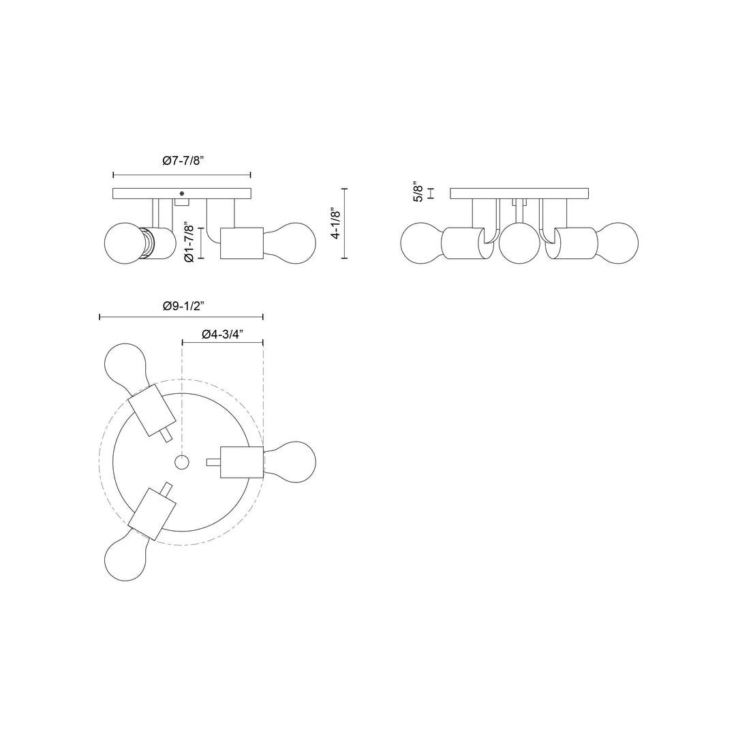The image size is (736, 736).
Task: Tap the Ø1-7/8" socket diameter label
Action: pyautogui.click(x=190, y=243)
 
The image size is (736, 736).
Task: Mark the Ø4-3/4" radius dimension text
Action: pyautogui.click(x=223, y=334)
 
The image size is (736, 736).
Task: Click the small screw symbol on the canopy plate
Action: pyautogui.click(x=181, y=194)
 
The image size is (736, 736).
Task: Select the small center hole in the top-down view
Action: pyautogui.click(x=181, y=463)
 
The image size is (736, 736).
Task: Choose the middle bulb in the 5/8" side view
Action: pyautogui.click(x=520, y=244)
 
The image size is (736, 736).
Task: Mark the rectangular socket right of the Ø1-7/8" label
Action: pyautogui.click(x=242, y=243)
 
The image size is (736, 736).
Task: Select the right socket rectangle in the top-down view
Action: pyautogui.click(x=241, y=462)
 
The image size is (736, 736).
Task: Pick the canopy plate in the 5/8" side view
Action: pyautogui.click(x=520, y=194)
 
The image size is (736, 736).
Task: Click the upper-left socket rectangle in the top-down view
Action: pyautogui.click(x=152, y=410)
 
